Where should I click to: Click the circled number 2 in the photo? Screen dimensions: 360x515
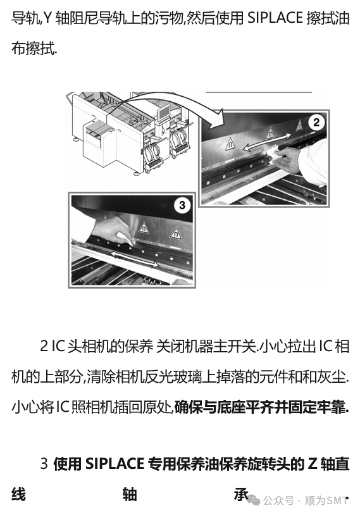[x=316, y=123]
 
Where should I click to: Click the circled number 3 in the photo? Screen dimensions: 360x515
[x=182, y=206]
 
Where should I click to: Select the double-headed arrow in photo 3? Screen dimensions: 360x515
[x=133, y=259]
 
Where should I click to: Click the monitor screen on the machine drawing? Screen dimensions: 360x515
[x=163, y=113]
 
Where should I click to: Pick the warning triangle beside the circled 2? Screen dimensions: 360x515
[x=299, y=125]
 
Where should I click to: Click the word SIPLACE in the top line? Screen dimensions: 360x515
[x=275, y=18]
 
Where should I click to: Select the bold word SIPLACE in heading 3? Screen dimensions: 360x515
[x=115, y=463]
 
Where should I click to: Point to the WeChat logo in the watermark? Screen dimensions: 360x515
[x=253, y=500]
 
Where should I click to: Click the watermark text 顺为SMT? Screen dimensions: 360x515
[x=326, y=500]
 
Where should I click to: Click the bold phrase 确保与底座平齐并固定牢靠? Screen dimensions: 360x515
[x=261, y=407]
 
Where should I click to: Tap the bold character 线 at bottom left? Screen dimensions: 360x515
[x=19, y=494]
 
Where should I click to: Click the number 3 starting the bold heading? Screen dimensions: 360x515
[x=44, y=464]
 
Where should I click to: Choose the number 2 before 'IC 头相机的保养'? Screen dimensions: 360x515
[x=44, y=347]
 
